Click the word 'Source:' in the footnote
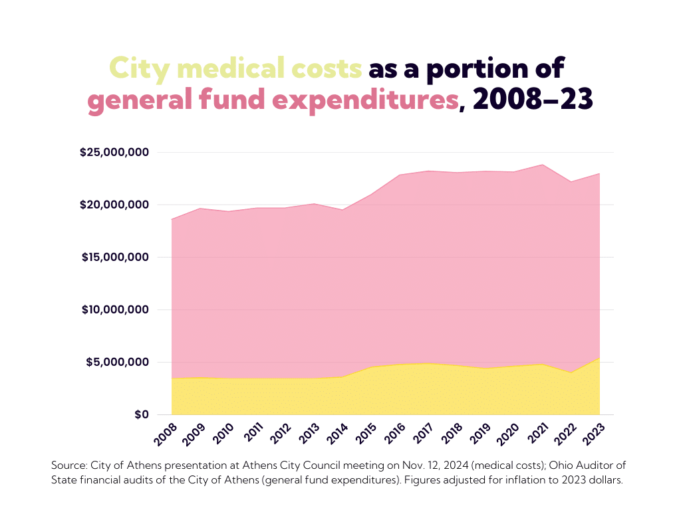(70, 465)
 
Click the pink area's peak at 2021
(543, 165)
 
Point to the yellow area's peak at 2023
(599, 358)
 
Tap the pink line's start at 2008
(172, 219)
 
